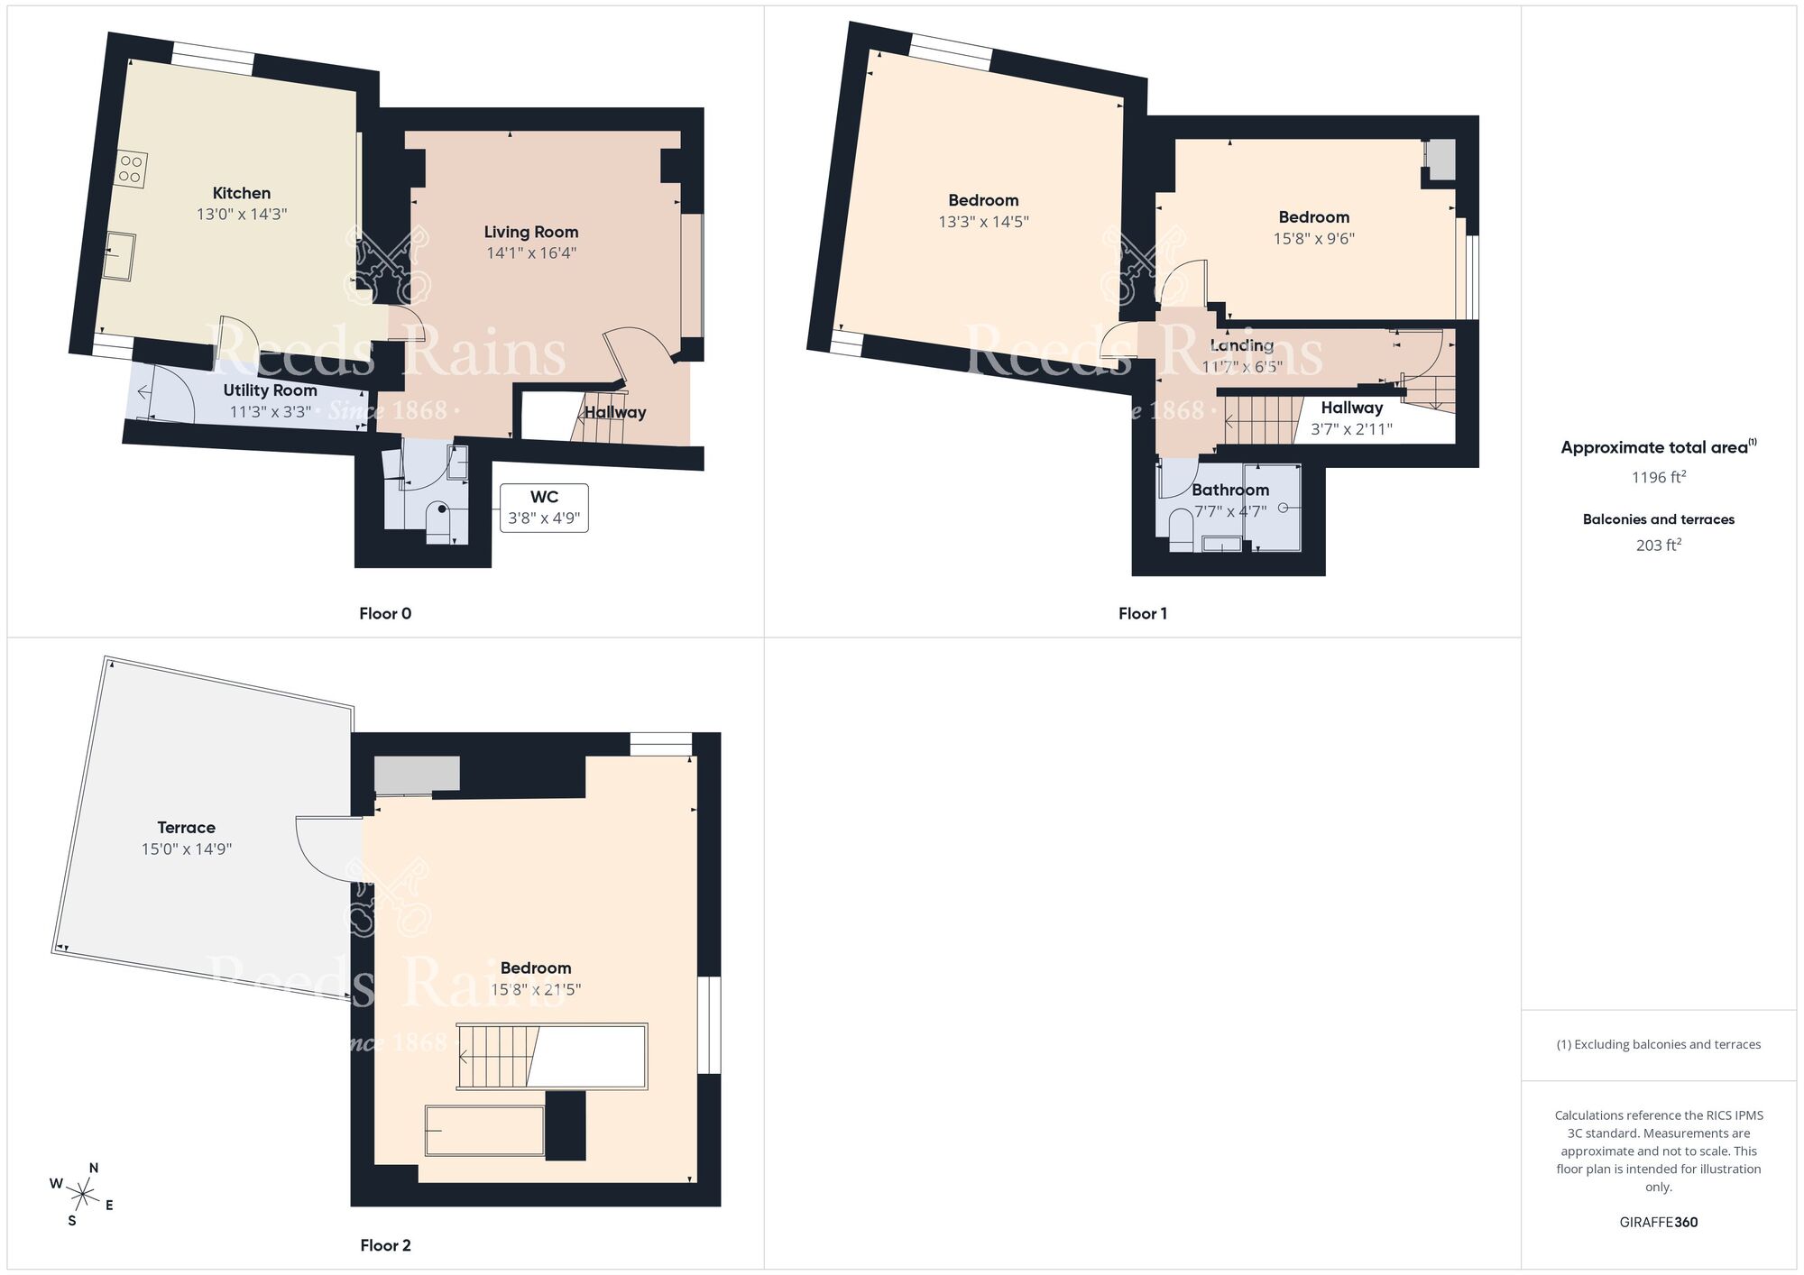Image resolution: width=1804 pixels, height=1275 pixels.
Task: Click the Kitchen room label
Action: click(241, 193)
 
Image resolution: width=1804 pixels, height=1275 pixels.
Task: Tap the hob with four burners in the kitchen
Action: click(130, 170)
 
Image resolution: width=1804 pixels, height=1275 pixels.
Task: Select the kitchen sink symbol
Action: click(119, 256)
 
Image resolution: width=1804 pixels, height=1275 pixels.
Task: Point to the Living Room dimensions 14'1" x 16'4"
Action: click(531, 253)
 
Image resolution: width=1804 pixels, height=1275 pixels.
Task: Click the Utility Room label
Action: click(270, 390)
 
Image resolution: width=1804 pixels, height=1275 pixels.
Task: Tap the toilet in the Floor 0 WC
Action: click(438, 521)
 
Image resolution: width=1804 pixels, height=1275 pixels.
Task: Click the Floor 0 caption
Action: click(385, 614)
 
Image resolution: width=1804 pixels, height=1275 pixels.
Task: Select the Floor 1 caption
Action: click(1142, 614)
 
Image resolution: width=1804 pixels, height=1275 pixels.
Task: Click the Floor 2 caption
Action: click(385, 1245)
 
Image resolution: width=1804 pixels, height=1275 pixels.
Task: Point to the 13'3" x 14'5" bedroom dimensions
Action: click(983, 222)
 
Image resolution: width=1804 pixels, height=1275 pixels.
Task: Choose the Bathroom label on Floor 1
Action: click(1229, 490)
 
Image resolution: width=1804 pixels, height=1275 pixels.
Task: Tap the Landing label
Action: click(1241, 345)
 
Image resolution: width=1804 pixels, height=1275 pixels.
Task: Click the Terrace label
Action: click(186, 828)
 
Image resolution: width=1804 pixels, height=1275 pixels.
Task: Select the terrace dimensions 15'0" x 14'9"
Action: click(186, 849)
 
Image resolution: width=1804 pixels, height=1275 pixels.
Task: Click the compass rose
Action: click(83, 1196)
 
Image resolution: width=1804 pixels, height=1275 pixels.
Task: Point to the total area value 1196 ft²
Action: click(1658, 477)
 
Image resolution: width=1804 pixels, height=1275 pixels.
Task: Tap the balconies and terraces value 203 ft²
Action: click(1658, 546)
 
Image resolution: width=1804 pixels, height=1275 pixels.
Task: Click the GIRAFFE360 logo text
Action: click(1658, 1223)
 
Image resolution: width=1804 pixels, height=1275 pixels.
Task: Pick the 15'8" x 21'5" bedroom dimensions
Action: click(535, 989)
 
